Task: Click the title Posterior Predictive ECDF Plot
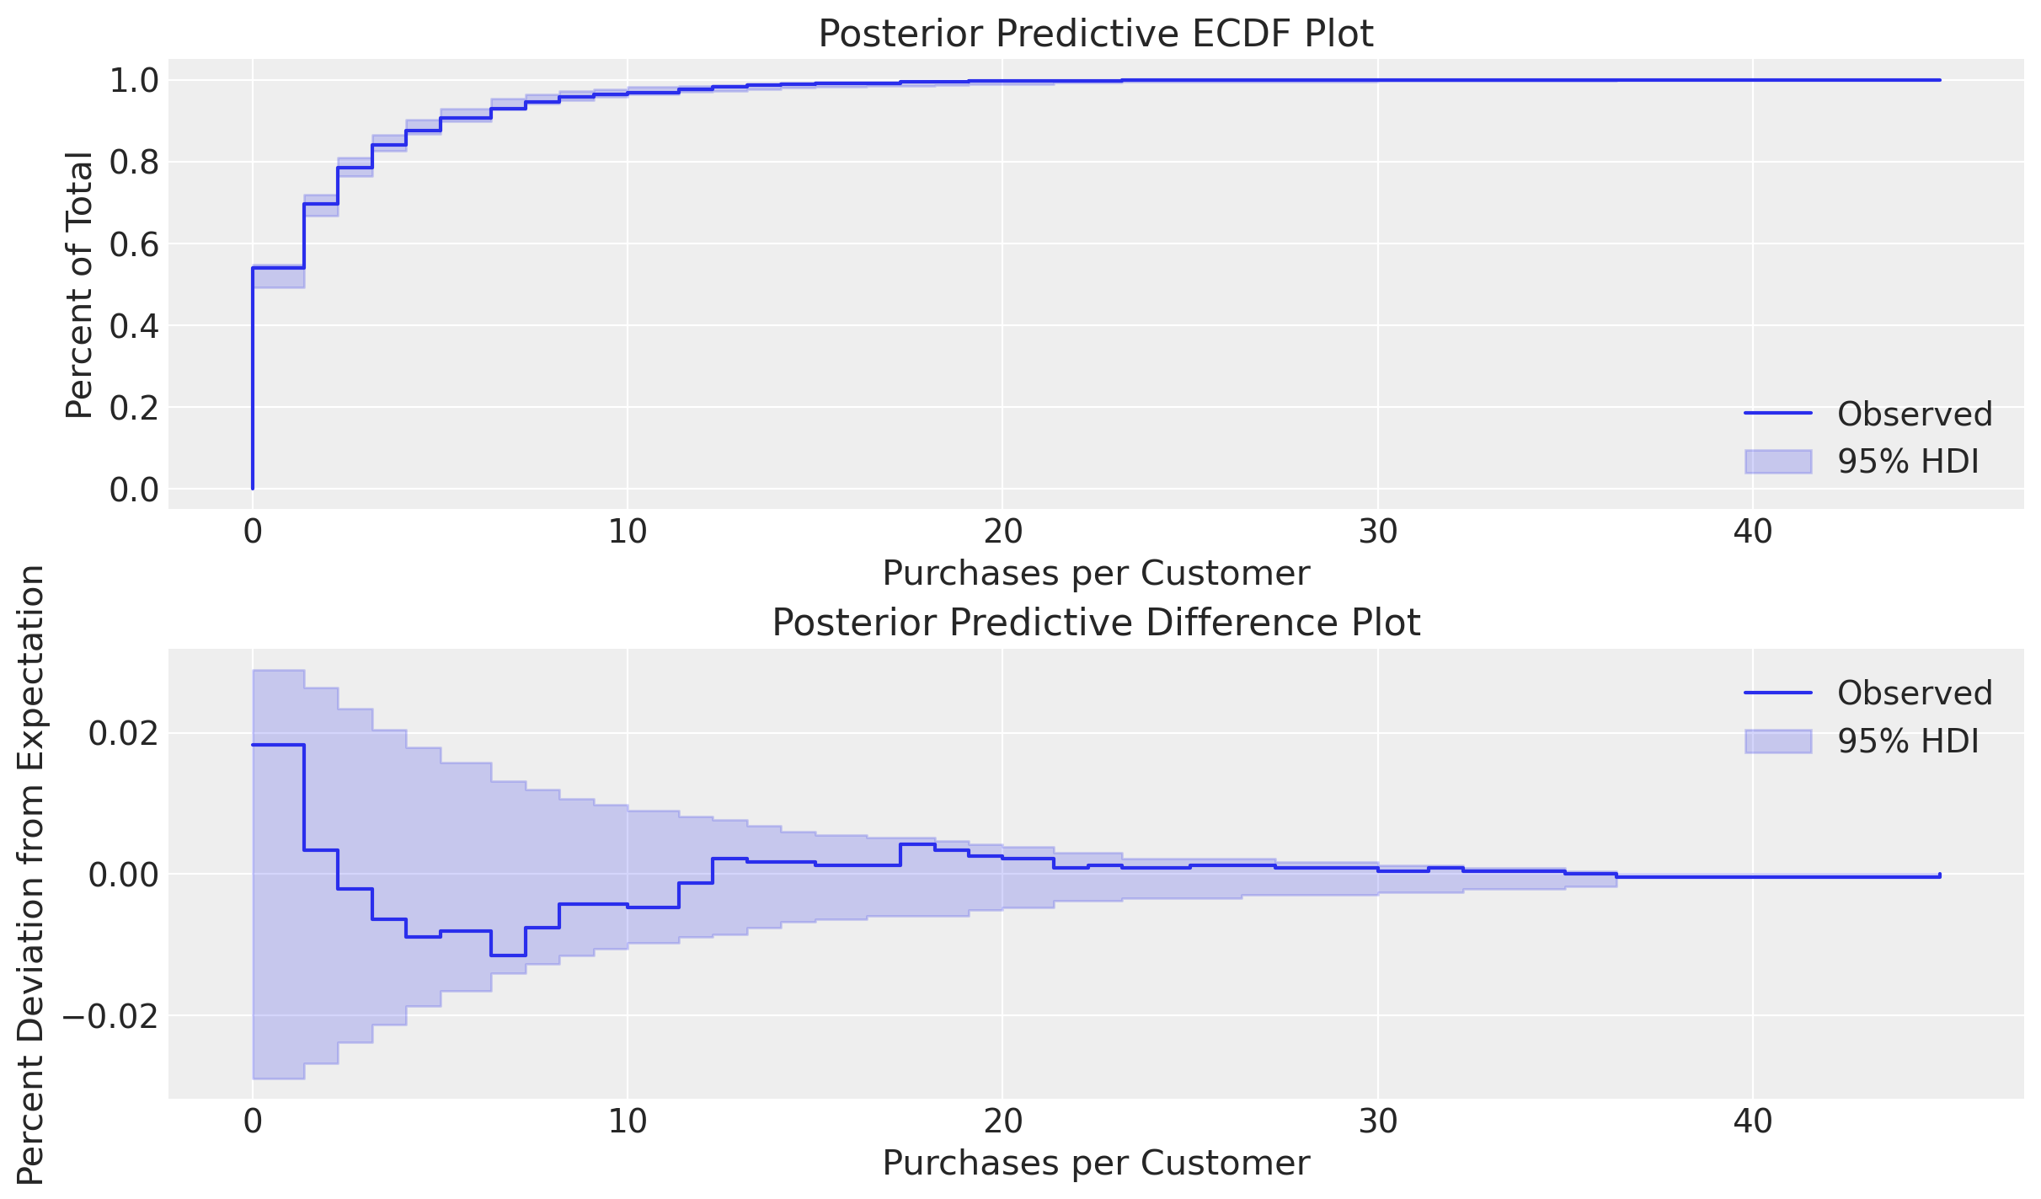1096,35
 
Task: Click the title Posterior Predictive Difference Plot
1096,624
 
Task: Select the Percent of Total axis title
79,285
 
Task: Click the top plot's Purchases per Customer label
1096,574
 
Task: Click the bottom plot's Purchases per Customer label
1096,1164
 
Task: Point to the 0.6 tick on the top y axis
134,244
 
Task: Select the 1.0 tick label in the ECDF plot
134,81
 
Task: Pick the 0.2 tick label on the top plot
134,408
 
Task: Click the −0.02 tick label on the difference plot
110,1016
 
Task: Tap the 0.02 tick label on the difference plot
123,734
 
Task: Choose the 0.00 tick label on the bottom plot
123,875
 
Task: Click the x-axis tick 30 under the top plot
1378,533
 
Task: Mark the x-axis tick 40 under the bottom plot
1753,1121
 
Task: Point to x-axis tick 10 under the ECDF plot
628,533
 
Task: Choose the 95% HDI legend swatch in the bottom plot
1777,741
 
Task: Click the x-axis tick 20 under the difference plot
1002,1121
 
